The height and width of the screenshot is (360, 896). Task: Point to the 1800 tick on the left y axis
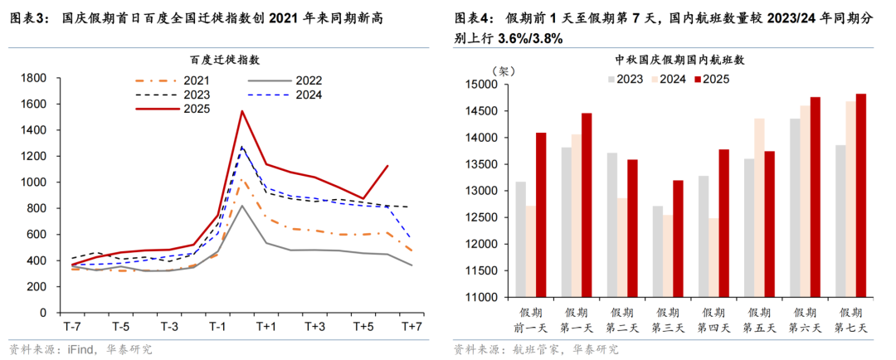tap(33, 78)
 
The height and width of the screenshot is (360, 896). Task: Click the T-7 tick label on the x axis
tap(71, 326)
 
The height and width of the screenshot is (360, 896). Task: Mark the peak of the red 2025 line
tap(241, 111)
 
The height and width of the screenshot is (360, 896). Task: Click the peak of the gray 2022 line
tap(241, 206)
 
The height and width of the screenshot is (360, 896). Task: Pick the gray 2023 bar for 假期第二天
tap(611, 224)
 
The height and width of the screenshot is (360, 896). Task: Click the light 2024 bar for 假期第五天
tap(758, 207)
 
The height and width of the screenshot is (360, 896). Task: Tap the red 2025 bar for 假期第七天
tap(861, 195)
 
